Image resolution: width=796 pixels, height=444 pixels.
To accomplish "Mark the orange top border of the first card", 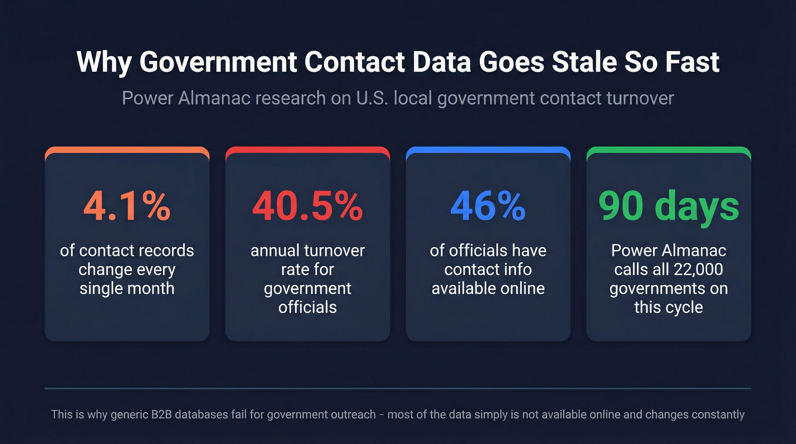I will (x=127, y=150).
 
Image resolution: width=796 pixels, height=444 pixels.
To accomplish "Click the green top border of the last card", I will (x=669, y=150).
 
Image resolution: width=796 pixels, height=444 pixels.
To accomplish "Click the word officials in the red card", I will (x=307, y=308).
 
